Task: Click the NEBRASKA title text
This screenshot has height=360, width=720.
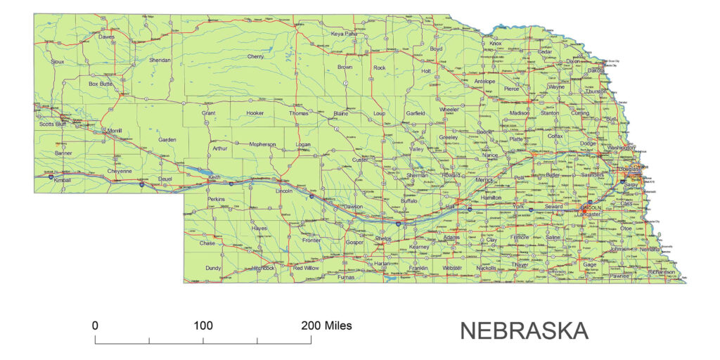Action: [524, 330]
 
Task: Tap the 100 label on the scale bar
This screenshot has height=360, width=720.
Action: [203, 326]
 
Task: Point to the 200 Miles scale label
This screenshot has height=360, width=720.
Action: [327, 326]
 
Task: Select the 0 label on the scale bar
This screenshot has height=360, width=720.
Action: [95, 326]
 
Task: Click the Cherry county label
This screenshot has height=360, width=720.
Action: [256, 56]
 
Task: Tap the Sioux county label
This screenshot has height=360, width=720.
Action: [58, 62]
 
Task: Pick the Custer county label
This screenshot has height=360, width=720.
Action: [360, 160]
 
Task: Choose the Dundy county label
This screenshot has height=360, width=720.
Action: [213, 268]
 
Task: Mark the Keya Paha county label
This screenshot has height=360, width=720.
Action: [345, 33]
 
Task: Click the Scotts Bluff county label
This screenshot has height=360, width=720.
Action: [56, 124]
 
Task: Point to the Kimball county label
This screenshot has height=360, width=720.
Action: [63, 180]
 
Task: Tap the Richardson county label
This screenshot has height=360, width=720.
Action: [662, 271]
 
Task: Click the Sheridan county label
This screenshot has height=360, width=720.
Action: [160, 60]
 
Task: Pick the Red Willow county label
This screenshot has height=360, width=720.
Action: [306, 268]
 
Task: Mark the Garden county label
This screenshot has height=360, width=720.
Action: [167, 140]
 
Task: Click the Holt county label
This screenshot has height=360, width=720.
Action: [425, 71]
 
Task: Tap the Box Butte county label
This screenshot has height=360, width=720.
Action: [101, 84]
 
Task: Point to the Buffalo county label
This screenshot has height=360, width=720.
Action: [409, 201]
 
